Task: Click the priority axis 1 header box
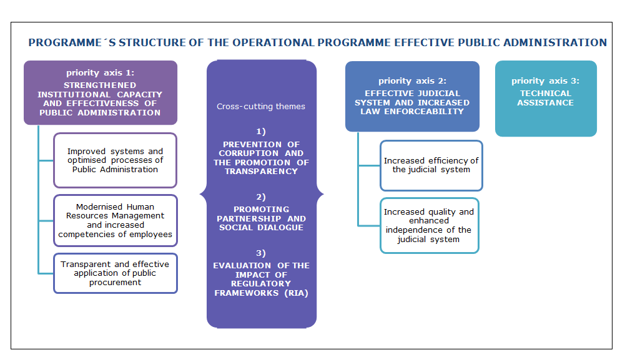pos(101,92)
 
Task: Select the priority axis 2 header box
pos(412,96)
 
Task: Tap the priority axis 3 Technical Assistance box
pos(546,99)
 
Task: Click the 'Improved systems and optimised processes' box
pos(115,160)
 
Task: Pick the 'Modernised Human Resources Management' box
pos(115,221)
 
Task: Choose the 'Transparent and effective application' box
pos(115,273)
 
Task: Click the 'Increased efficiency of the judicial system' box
pos(431,165)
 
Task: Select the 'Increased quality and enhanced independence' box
pos(430,225)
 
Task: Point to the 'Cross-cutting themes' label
pos(261,106)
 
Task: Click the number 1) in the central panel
pos(261,132)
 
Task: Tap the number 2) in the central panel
pos(261,197)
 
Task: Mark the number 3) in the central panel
pos(261,253)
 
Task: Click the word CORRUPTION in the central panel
pos(249,153)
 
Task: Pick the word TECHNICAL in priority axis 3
pos(546,93)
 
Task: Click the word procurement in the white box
pos(115,283)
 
